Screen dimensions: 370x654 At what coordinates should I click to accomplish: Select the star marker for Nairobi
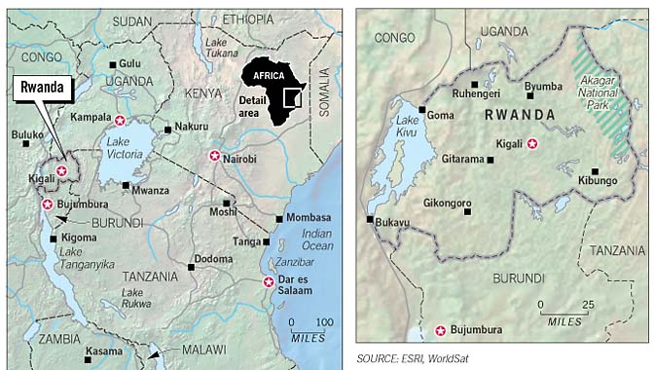click(x=215, y=156)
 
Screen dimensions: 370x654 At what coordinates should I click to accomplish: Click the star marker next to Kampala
click(x=120, y=121)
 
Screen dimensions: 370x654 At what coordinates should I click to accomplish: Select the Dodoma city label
click(x=213, y=258)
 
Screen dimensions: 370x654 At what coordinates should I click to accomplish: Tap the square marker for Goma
click(x=421, y=109)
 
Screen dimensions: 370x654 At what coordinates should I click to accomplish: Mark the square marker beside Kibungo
click(x=594, y=171)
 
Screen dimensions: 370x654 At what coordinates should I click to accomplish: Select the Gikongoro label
click(x=449, y=203)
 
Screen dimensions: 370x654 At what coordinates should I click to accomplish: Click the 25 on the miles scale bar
click(x=587, y=306)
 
